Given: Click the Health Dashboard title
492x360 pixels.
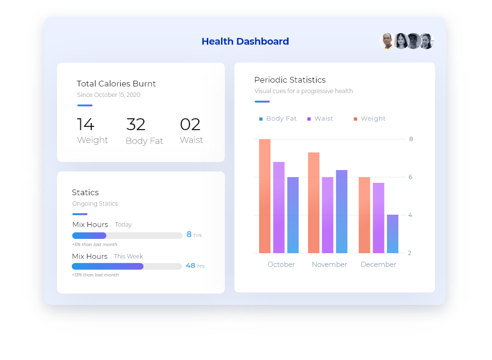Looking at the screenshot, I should point(245,41).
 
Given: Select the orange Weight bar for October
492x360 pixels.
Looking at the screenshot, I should point(265,196).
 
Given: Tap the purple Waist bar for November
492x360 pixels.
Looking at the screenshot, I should point(328,215).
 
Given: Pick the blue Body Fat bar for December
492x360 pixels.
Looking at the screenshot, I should point(393,234).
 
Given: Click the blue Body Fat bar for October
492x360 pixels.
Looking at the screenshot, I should point(293,215).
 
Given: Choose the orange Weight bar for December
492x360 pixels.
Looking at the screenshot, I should point(364,215).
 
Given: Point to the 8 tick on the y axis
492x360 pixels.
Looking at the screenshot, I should point(411,139).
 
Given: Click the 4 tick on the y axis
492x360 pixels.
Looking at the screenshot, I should point(410,215).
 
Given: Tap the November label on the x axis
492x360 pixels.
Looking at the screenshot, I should point(329,265).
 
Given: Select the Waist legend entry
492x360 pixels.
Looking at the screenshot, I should point(320,119).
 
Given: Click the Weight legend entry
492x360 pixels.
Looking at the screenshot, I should point(369,119).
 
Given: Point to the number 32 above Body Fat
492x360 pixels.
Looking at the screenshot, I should point(136,124).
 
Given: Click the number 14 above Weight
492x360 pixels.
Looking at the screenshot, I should point(86,124).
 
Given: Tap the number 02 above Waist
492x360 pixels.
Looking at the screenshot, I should point(190,124).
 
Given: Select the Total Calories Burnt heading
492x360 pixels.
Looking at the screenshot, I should point(116,84).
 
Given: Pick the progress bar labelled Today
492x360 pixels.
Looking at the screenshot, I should point(127,236).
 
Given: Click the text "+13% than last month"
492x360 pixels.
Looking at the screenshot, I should point(95,275).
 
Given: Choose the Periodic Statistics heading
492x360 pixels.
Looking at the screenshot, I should point(290,80).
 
